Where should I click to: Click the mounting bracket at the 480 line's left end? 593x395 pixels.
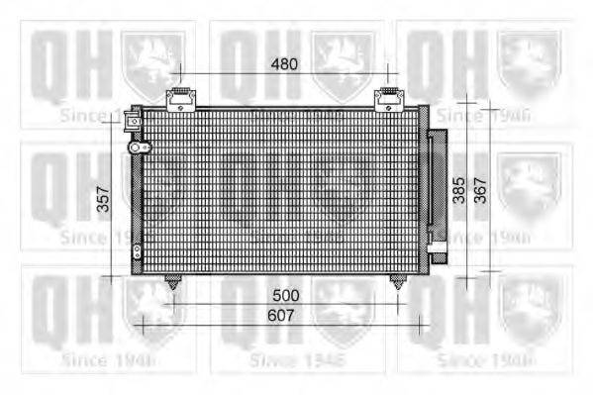click(x=179, y=99)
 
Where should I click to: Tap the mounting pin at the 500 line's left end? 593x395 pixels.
click(x=173, y=282)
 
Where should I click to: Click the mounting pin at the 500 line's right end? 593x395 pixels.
click(x=398, y=282)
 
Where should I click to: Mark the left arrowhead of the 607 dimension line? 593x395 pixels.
click(x=140, y=319)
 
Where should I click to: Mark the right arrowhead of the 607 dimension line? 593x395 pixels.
click(x=427, y=319)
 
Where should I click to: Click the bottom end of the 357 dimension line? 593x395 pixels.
click(x=115, y=277)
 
